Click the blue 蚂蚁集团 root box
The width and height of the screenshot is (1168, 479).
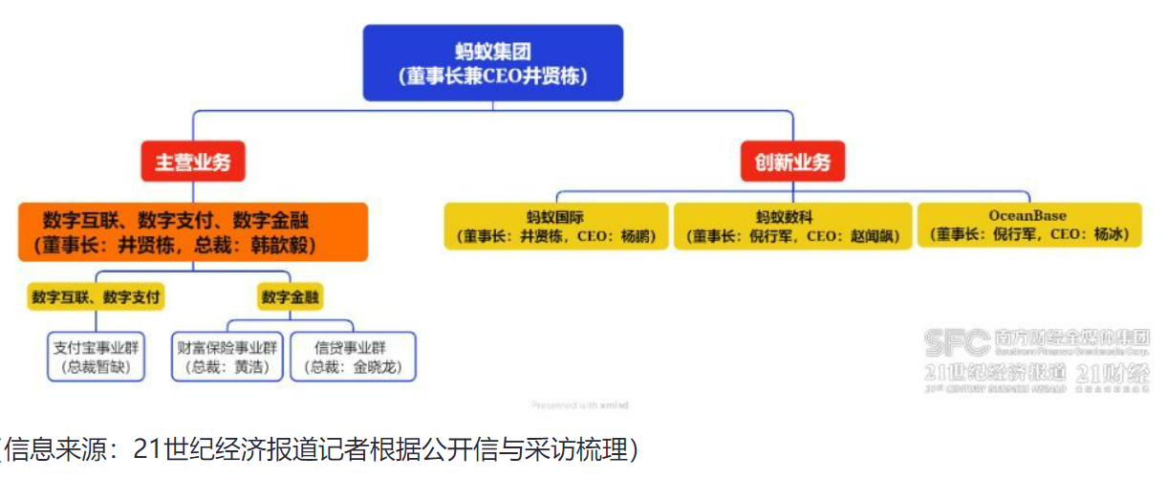click(492, 62)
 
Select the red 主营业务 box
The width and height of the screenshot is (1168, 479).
click(193, 162)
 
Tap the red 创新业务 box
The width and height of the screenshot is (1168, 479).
click(792, 162)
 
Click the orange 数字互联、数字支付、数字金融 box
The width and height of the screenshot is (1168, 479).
click(192, 231)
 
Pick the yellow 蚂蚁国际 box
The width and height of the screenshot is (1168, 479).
click(555, 226)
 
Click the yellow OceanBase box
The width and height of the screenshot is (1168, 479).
click(1028, 226)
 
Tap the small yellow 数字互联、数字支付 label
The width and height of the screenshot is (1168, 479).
click(96, 297)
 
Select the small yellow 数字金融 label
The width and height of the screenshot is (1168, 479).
click(291, 297)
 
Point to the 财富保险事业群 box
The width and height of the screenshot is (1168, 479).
click(227, 356)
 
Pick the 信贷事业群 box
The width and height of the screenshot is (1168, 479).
click(353, 356)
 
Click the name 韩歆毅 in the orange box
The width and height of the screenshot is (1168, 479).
click(283, 245)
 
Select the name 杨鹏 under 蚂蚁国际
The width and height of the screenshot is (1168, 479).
click(637, 235)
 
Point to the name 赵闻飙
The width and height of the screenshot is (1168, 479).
click(871, 235)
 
